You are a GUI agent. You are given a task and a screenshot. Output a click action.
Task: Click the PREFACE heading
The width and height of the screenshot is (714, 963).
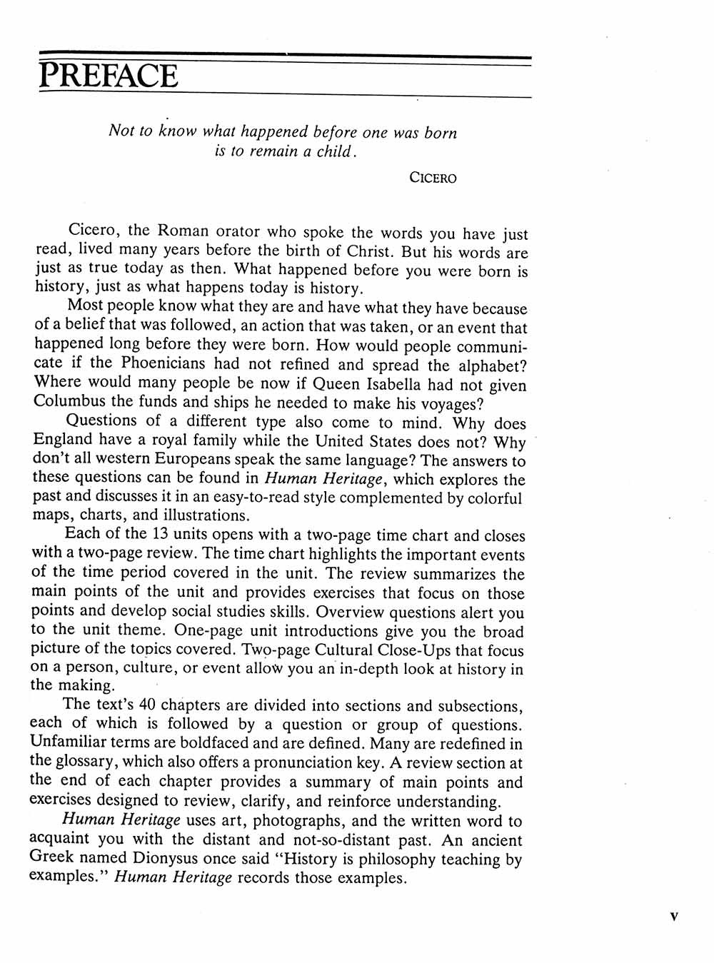tap(108, 76)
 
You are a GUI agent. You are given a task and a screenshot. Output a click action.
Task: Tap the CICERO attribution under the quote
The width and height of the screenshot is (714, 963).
tap(433, 178)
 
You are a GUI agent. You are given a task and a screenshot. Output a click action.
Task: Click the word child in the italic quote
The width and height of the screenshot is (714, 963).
tap(333, 151)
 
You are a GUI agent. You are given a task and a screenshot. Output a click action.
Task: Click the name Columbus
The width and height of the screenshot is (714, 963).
tap(69, 400)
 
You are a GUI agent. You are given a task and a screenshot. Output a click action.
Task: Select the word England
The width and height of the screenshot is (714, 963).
tap(61, 440)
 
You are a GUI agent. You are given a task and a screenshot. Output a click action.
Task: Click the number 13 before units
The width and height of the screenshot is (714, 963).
tap(159, 533)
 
